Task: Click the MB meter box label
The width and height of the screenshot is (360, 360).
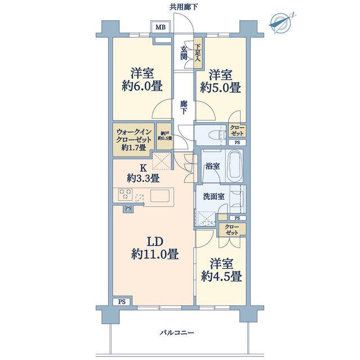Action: (160, 28)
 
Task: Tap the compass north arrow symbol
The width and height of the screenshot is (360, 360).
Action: (280, 23)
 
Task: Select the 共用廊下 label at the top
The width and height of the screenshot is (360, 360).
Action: (183, 7)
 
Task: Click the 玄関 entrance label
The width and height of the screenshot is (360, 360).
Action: (183, 53)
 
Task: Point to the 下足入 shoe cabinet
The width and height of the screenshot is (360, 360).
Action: (198, 53)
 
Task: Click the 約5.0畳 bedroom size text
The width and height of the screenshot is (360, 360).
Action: (220, 88)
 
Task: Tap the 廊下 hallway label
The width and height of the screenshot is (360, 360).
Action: (183, 107)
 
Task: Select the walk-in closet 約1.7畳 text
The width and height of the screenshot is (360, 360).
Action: (134, 147)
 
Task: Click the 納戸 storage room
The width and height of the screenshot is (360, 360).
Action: (164, 137)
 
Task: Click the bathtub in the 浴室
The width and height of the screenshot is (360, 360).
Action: (235, 165)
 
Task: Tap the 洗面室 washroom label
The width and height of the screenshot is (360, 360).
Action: (214, 196)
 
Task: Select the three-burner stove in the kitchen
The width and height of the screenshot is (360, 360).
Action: (125, 194)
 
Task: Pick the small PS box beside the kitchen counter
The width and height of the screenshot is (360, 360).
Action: (128, 208)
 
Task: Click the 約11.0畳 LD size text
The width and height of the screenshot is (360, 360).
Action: (155, 255)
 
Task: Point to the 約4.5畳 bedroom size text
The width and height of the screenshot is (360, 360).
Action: (221, 276)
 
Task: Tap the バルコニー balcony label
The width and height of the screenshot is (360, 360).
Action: (177, 332)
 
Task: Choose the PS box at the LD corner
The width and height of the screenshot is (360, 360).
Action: (122, 301)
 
